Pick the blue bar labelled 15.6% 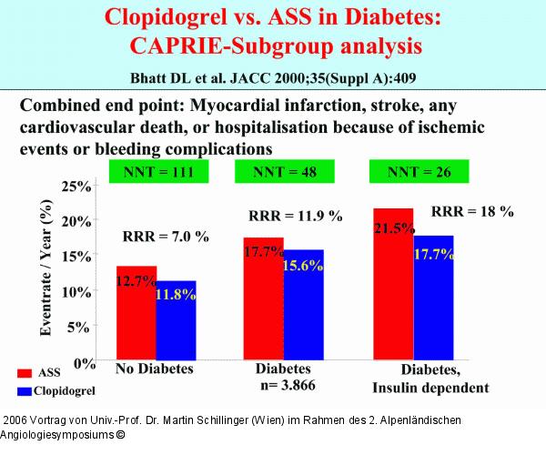pyautogui.click(x=303, y=304)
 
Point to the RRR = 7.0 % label pyautogui.click(x=166, y=237)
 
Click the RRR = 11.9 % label pyautogui.click(x=295, y=216)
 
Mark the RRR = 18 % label pyautogui.click(x=472, y=211)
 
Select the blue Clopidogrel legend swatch pyautogui.click(x=25, y=390)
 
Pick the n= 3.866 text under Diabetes pyautogui.click(x=287, y=387)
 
